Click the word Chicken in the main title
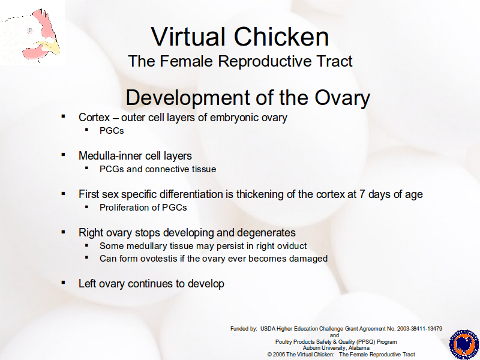pyautogui.click(x=281, y=37)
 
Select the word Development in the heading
pyautogui.click(x=187, y=98)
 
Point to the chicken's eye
pyautogui.click(x=30, y=31)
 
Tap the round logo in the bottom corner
pyautogui.click(x=464, y=344)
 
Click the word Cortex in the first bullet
pyautogui.click(x=94, y=118)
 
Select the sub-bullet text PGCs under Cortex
pyautogui.click(x=112, y=131)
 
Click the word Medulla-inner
pyautogui.click(x=110, y=156)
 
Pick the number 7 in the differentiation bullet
pyautogui.click(x=362, y=194)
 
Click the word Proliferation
pyautogui.click(x=126, y=208)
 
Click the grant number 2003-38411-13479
pyautogui.click(x=419, y=329)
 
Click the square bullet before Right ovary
pyautogui.click(x=64, y=232)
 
